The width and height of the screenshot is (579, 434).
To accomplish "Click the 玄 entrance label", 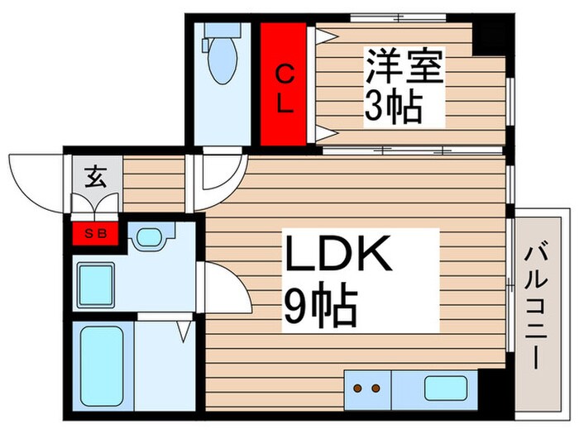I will coord(93,176).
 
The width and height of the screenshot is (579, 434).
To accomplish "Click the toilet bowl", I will coord(222,64).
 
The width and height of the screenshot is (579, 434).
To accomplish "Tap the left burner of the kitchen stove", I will coord(358,387).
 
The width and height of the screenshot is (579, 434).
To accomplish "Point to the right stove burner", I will coord(377,387).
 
